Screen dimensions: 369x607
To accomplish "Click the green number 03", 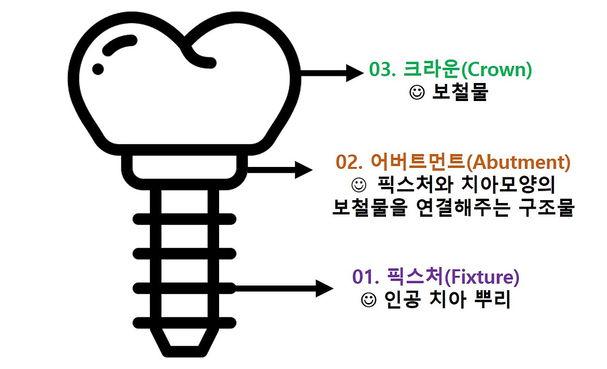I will point(382,70).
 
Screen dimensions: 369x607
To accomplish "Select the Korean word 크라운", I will point(432,70).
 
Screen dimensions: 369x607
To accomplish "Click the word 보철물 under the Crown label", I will point(460,93).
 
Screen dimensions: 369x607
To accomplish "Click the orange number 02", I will point(347,162).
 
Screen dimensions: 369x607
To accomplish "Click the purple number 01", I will point(364,277).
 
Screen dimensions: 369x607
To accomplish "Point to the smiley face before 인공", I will point(368,300).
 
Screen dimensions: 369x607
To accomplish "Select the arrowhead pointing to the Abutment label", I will point(303,169).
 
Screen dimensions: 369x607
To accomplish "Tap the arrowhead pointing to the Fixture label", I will point(325,288).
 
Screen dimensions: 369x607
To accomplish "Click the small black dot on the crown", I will point(98,68).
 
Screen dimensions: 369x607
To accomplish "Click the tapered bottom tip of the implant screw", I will point(184,344).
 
